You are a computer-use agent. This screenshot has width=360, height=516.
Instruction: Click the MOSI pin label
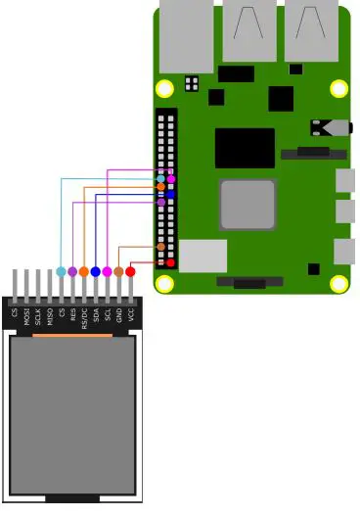coord(26,315)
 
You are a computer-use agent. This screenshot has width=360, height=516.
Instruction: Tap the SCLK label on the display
coord(38,315)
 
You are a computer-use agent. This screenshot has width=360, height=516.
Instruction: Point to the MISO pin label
coord(50,315)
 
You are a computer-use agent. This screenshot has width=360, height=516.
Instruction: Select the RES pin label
coord(73,315)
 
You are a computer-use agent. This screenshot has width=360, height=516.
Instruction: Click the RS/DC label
coord(85,315)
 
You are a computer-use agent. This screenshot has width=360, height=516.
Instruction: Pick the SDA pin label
coord(96,315)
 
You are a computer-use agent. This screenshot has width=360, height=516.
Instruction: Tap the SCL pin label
coord(108,315)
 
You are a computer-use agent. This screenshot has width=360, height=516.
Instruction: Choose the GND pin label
coord(119,315)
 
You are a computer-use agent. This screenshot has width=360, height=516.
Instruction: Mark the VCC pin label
coord(131,315)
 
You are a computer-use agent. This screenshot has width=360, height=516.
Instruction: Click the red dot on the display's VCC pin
coord(130,271)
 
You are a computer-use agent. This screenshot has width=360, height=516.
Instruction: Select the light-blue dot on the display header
coord(61,271)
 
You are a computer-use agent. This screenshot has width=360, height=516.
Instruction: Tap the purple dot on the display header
coord(72,271)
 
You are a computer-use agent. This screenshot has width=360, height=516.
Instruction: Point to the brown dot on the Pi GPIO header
coord(160,247)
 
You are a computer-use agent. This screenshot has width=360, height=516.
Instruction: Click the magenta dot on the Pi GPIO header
coord(171,179)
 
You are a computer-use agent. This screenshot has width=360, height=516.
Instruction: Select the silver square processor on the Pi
coord(247,204)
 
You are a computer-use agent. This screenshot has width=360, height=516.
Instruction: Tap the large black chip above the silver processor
coord(245,148)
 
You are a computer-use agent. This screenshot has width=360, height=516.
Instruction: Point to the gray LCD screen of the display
coord(72,415)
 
